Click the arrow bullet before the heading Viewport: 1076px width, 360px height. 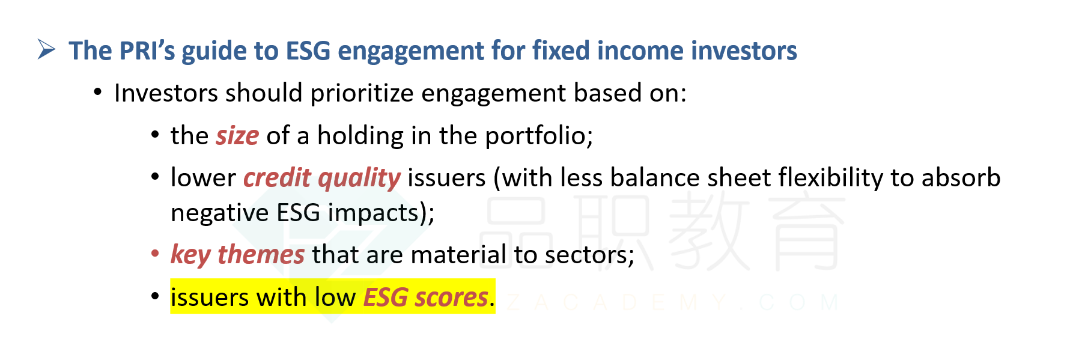[x=46, y=49]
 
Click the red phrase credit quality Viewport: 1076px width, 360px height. [x=322, y=178]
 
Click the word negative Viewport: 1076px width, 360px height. [x=220, y=213]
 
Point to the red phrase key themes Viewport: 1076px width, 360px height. [x=238, y=255]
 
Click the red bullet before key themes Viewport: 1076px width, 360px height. [x=155, y=254]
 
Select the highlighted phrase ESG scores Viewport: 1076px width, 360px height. [x=426, y=297]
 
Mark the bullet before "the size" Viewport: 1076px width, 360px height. [x=155, y=135]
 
